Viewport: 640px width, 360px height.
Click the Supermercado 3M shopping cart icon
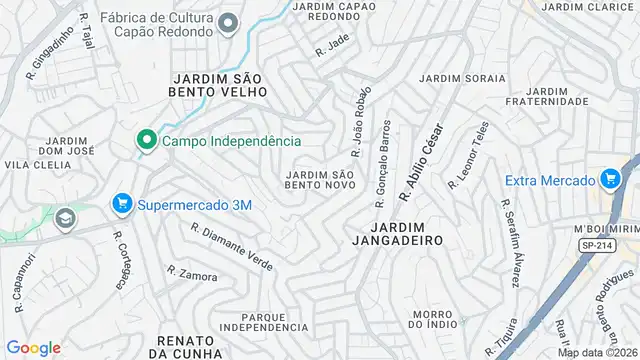123,205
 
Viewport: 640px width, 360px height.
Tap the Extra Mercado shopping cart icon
609,180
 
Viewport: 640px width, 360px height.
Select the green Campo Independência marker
146,141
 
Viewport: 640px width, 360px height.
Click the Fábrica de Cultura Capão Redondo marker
229,23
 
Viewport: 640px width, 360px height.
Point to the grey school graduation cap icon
65,217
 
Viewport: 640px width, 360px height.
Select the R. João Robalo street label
360,121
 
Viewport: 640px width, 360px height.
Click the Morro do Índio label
433,319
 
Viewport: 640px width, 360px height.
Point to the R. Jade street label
331,46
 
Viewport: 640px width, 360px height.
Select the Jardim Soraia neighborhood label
462,78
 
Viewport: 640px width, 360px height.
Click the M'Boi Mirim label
606,229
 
